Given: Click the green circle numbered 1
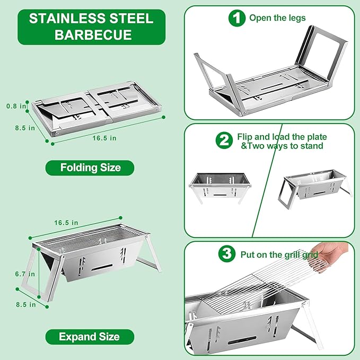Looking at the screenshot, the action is [237, 18].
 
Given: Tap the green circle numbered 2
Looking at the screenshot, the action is [224, 141].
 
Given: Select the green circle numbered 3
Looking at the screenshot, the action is [227, 254].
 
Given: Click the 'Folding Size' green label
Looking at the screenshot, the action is [90, 168].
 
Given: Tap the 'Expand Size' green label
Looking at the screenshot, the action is [90, 337].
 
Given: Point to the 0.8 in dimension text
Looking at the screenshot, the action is [16, 106].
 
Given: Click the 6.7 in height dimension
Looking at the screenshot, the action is [25, 274].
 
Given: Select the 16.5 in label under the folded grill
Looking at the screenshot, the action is [104, 138].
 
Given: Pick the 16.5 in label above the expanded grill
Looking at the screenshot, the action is [66, 223].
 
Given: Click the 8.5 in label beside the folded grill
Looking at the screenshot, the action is [25, 128].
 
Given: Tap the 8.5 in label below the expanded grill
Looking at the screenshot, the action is [25, 305].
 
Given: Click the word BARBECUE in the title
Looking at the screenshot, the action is [93, 34].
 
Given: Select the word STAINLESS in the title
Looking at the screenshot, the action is [68, 19].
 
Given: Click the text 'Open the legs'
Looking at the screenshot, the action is [277, 18].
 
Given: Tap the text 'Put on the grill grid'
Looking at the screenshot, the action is [279, 254].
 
